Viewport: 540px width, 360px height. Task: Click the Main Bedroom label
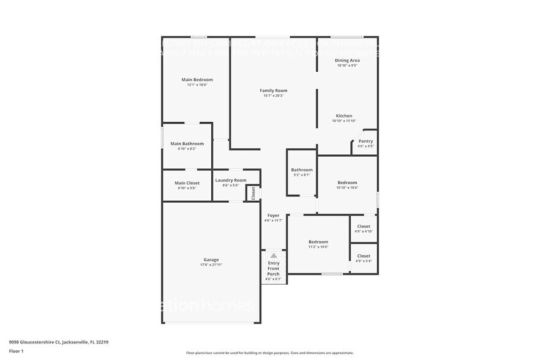click(197, 80)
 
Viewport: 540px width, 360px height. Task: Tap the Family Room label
click(273, 91)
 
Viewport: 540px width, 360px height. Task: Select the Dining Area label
click(347, 61)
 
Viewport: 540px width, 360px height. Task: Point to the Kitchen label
click(343, 116)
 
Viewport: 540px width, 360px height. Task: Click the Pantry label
click(366, 141)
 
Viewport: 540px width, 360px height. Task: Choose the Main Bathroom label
click(187, 143)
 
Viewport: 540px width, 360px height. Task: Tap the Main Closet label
click(187, 182)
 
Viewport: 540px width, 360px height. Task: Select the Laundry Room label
click(231, 180)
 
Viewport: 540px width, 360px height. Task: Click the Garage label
click(211, 260)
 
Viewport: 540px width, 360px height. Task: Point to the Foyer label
click(273, 216)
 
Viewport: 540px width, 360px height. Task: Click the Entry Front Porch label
click(273, 268)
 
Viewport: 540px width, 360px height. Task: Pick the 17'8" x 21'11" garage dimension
click(211, 265)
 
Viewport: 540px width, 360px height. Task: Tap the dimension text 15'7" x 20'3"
click(273, 96)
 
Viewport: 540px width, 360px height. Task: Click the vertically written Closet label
click(253, 193)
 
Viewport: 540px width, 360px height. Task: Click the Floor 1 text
click(16, 351)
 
